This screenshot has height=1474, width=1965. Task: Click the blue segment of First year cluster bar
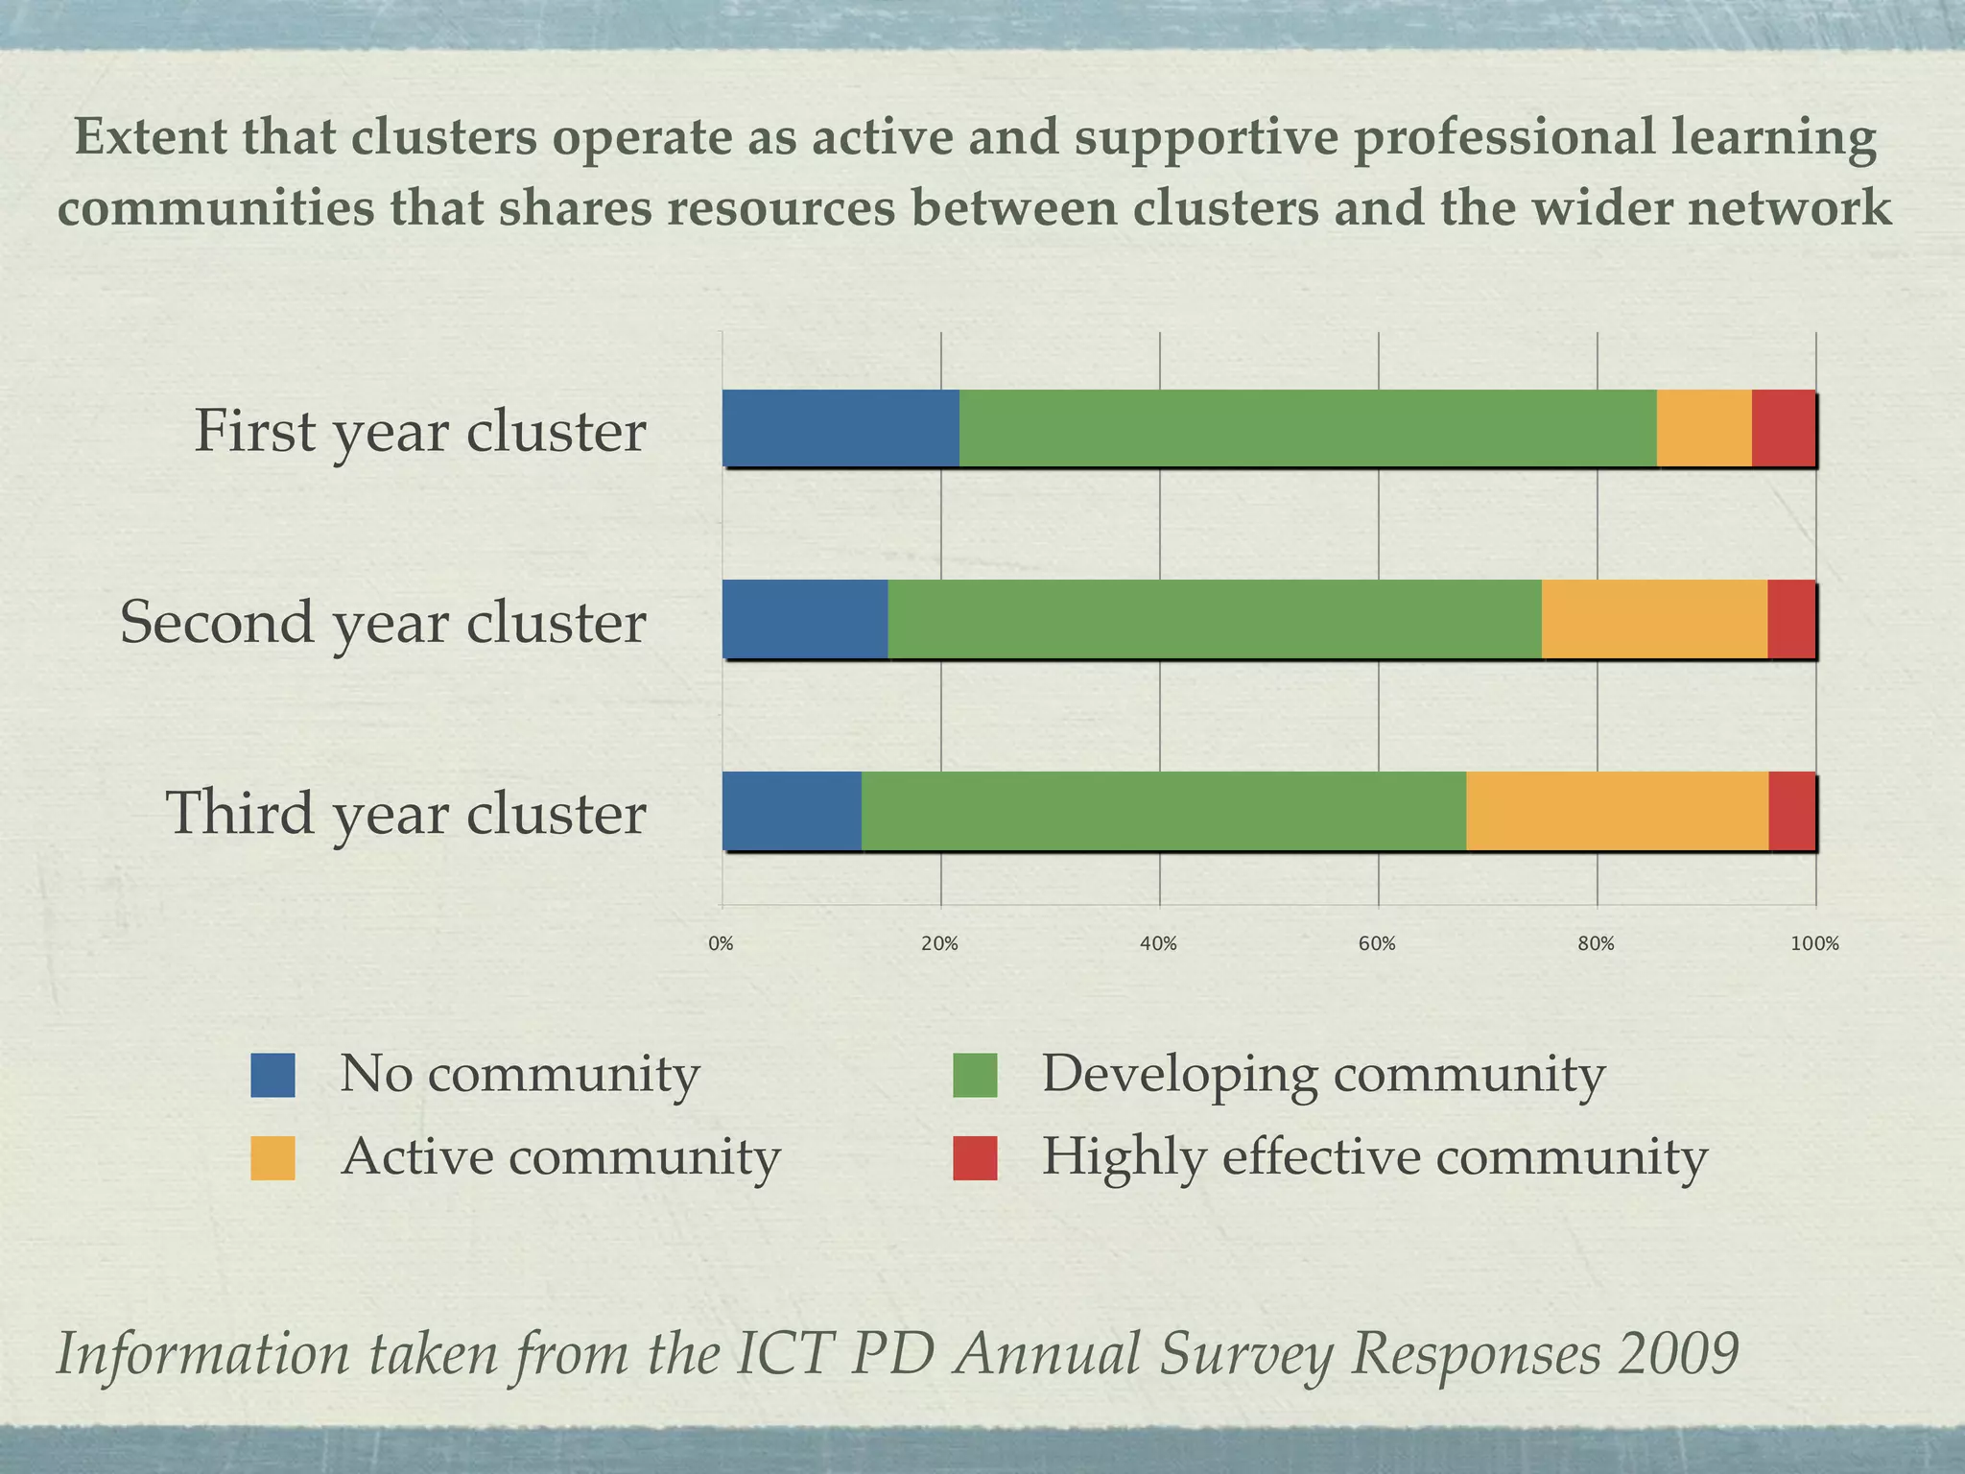click(x=840, y=428)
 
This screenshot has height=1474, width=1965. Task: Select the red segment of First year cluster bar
click(x=1783, y=428)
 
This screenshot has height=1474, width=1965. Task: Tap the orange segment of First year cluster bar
click(x=1704, y=428)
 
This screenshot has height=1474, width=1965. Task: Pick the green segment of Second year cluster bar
click(x=1215, y=619)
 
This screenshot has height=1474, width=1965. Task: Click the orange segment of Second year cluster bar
click(x=1654, y=619)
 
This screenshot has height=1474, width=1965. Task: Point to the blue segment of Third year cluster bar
click(x=792, y=811)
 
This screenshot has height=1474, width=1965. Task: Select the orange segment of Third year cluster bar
click(x=1617, y=811)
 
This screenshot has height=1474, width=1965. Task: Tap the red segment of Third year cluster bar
click(x=1791, y=811)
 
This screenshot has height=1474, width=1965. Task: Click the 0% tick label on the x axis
click(x=721, y=944)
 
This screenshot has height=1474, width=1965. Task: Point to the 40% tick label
click(x=1158, y=944)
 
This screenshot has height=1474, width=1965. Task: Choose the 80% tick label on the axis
click(x=1596, y=944)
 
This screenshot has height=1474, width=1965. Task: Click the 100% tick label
click(x=1814, y=944)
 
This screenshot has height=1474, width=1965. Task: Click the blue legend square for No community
click(x=272, y=1075)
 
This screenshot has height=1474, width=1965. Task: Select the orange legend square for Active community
click(x=272, y=1158)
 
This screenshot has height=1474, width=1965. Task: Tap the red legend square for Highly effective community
click(x=975, y=1158)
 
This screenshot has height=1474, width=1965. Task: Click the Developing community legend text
click(x=1323, y=1074)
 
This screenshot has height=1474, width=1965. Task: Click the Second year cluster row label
click(x=383, y=622)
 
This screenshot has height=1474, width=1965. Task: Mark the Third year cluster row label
click(x=406, y=813)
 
